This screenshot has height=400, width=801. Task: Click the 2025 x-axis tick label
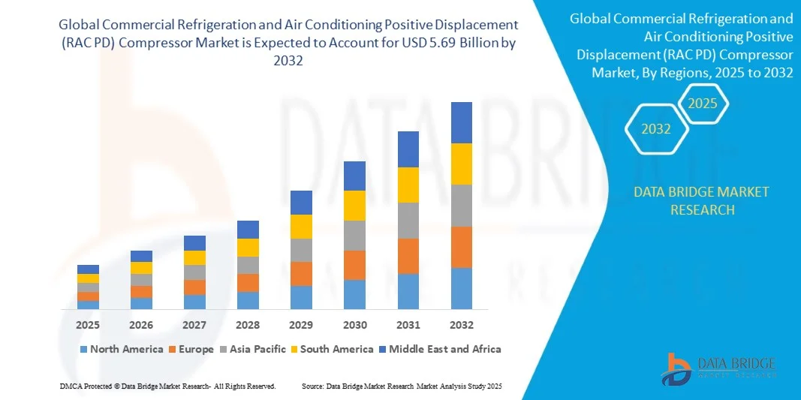pos(88,325)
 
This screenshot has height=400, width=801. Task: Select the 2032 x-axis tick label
pos(461,325)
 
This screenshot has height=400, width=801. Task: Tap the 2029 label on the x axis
pos(301,325)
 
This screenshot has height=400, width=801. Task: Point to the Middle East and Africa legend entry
pos(444,349)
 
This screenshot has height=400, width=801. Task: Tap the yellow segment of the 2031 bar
pos(408,185)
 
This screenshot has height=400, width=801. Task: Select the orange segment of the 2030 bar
pos(354,265)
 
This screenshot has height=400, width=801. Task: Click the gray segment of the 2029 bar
pos(301,250)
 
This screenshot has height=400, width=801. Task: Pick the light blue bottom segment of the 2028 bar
pos(248,300)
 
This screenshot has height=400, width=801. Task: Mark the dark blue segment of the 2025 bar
pos(88,269)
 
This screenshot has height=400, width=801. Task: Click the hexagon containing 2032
pos(657,129)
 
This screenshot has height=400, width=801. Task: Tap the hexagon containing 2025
pos(703,104)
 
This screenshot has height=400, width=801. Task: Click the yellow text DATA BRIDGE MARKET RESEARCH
pos(701,200)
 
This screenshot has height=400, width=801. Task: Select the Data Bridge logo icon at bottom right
pos(677,368)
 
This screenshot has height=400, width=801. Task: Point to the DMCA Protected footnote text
pos(167,386)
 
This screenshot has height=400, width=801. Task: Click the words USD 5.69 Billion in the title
pos(449,44)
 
